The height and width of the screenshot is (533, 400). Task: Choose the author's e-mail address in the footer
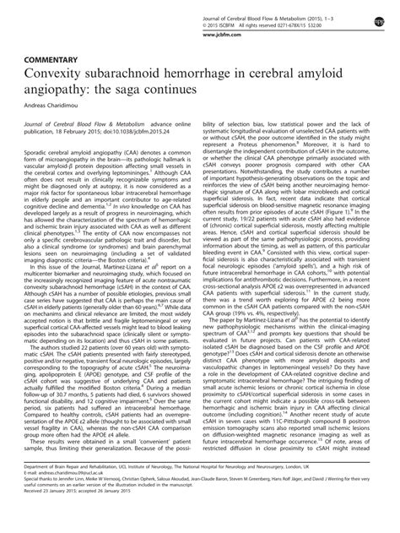(x=68, y=501)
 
